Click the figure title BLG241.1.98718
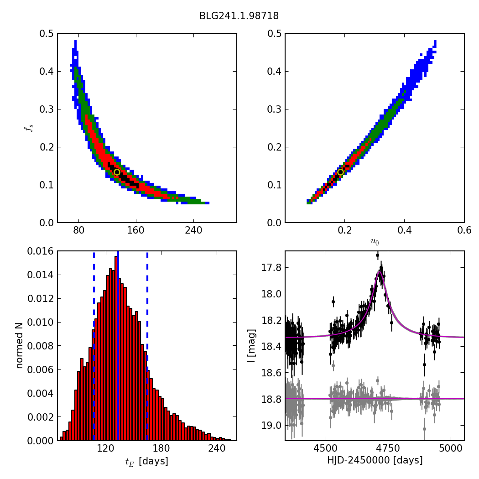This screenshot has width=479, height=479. [239, 16]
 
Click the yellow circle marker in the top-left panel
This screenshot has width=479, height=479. [117, 172]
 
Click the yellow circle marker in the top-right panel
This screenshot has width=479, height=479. [340, 172]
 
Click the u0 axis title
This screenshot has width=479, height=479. [375, 242]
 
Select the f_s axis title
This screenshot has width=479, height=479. [29, 128]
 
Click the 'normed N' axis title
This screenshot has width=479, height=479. [19, 346]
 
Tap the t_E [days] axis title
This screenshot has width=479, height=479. [147, 461]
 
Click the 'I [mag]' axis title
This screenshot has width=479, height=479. [251, 346]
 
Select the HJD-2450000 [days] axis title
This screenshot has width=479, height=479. [375, 460]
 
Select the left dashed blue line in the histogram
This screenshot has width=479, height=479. [94, 347]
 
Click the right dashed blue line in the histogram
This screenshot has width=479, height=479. [147, 347]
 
